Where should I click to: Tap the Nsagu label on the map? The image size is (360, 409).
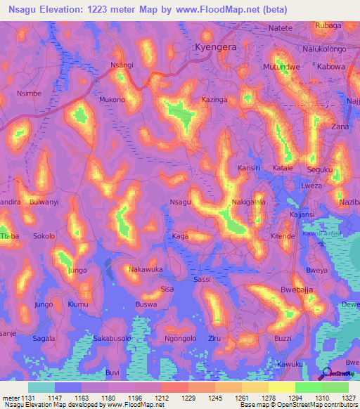point(181,202)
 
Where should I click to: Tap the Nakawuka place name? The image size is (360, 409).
point(146,269)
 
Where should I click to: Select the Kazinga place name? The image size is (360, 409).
point(214,101)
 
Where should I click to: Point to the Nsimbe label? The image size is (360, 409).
point(29,93)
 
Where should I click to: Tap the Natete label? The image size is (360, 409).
point(281,28)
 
